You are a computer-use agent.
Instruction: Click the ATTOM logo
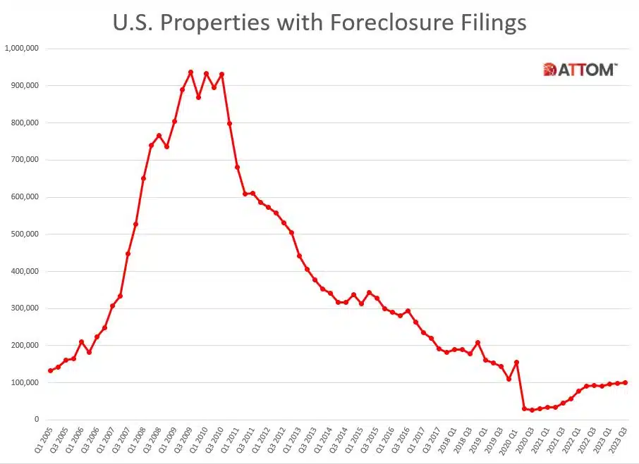pyautogui.click(x=580, y=70)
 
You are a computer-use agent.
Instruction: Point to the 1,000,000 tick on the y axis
pyautogui.click(x=22, y=49)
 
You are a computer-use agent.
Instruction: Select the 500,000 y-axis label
pyautogui.click(x=24, y=234)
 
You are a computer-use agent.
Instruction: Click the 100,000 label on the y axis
pyautogui.click(x=24, y=382)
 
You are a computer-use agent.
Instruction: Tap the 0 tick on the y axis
pyautogui.click(x=36, y=420)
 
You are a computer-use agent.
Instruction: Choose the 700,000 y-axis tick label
pyautogui.click(x=24, y=160)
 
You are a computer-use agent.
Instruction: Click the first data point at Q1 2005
pyautogui.click(x=50, y=370)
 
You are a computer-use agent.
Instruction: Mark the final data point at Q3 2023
pyautogui.click(x=626, y=382)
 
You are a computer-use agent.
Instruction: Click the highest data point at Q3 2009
pyautogui.click(x=190, y=72)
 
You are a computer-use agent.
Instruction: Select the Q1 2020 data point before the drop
pyautogui.click(x=516, y=362)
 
